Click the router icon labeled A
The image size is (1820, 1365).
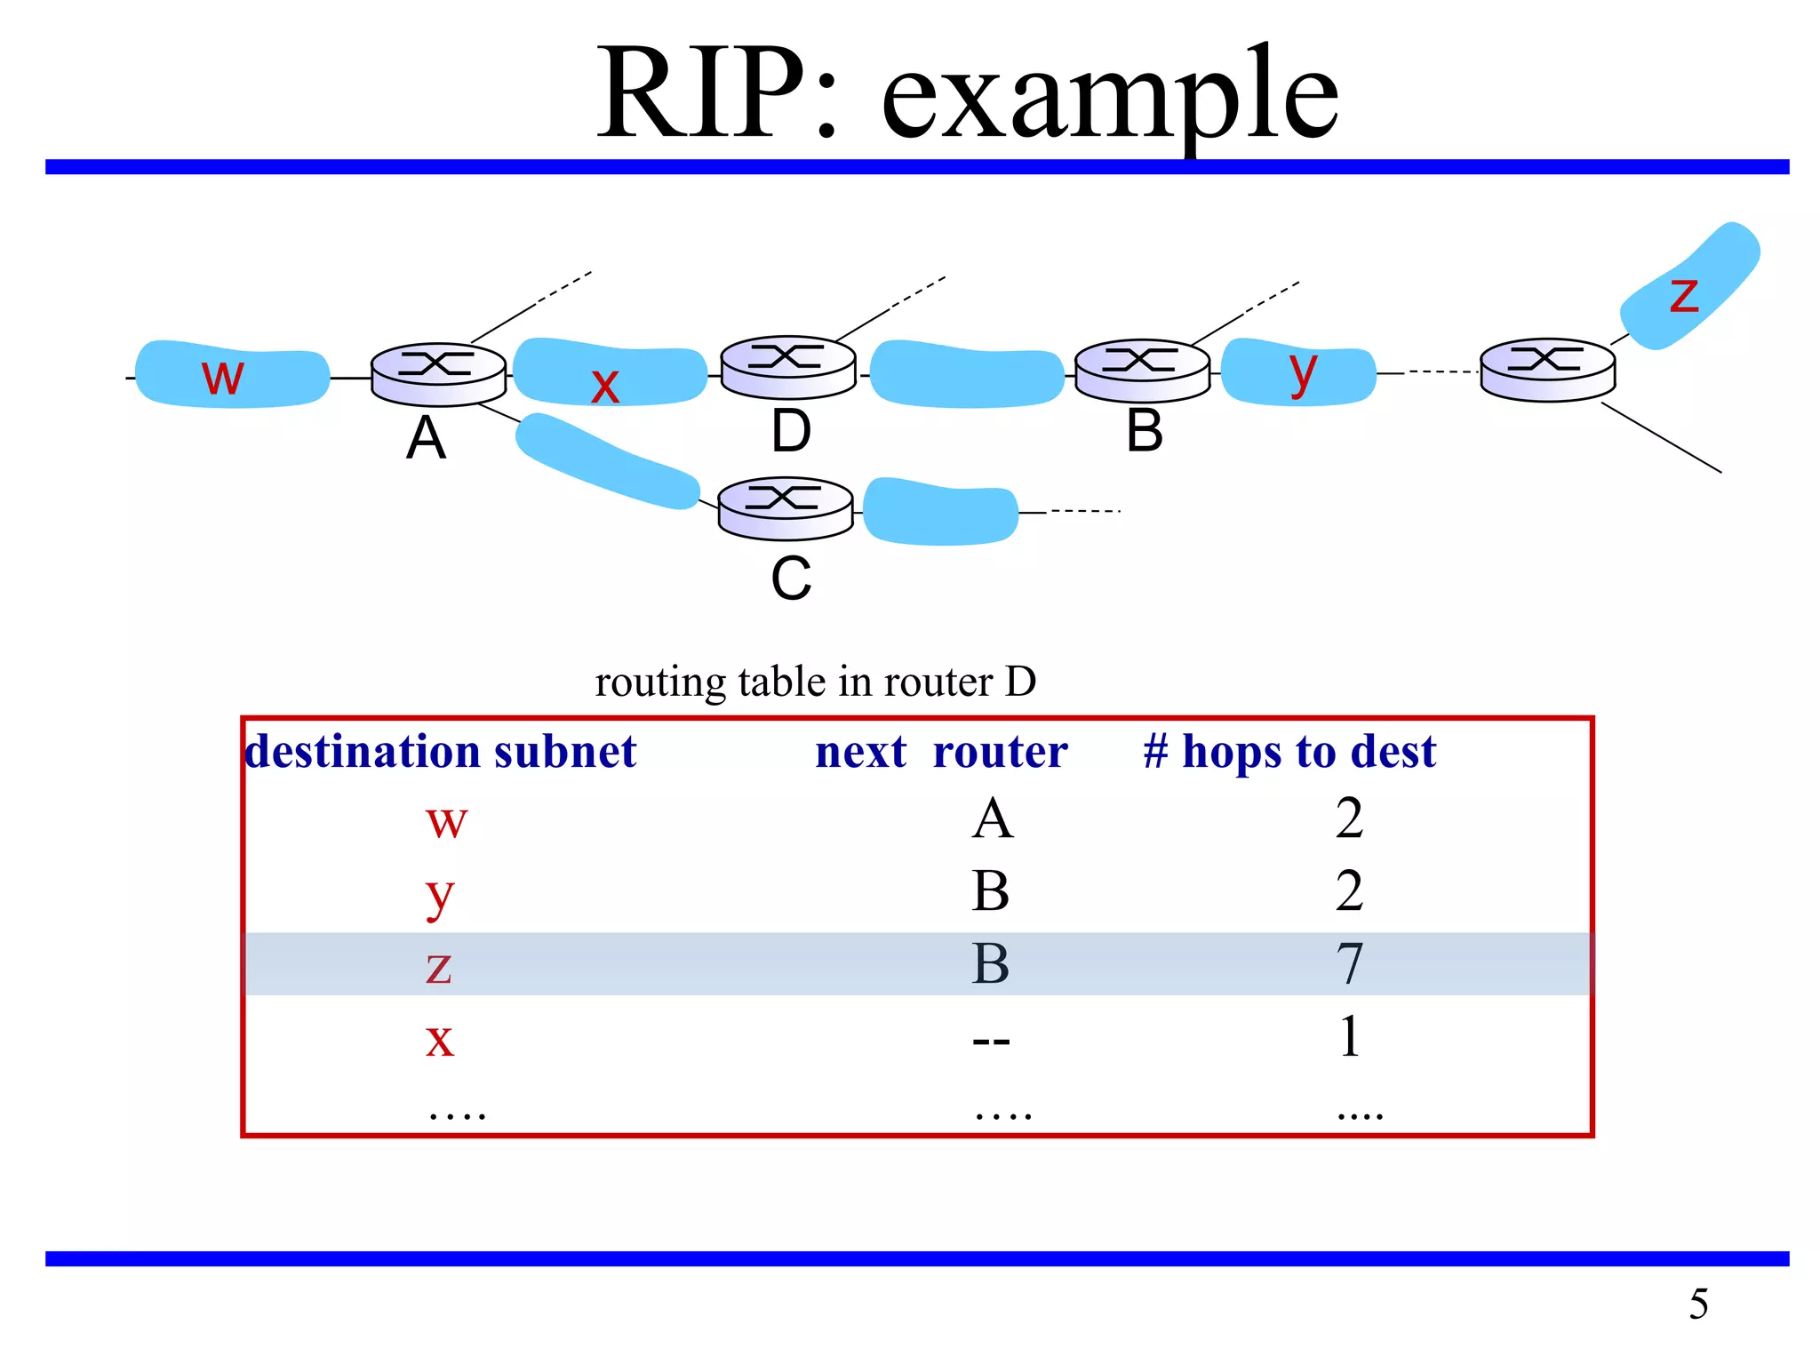[438, 374]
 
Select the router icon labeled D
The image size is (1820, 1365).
[788, 367]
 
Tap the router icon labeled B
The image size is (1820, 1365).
[1143, 371]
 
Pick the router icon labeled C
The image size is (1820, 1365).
[786, 508]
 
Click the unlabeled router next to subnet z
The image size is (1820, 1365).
[1547, 370]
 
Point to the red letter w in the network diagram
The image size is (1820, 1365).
[222, 376]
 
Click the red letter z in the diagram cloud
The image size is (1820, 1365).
[1683, 295]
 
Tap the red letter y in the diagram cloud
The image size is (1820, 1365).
[1303, 371]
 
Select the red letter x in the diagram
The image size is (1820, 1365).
[605, 386]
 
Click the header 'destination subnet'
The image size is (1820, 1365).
[441, 752]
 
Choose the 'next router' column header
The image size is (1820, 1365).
[941, 752]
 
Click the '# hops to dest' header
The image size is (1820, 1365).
[1289, 752]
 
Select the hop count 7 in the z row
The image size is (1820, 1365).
[1350, 964]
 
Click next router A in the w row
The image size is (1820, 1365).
[992, 818]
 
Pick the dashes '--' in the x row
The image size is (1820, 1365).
[991, 1040]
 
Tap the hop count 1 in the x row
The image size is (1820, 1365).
[1350, 1037]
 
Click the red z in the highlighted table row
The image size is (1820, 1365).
[439, 967]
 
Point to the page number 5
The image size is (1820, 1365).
[1698, 1305]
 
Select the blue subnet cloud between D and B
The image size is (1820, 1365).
[967, 374]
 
